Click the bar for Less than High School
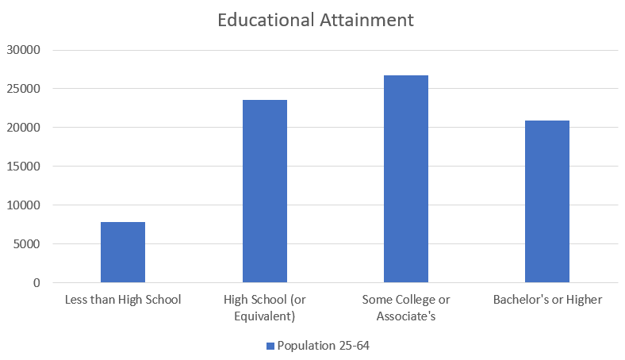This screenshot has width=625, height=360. [x=123, y=252]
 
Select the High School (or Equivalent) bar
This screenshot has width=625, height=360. [x=264, y=191]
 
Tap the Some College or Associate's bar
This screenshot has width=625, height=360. [x=405, y=179]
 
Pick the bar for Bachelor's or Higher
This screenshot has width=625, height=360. [x=546, y=201]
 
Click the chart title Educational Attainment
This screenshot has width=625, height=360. [x=316, y=20]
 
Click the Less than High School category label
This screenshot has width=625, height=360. [x=123, y=300]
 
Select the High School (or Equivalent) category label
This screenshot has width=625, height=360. [x=264, y=308]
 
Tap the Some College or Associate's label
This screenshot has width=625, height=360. [x=405, y=308]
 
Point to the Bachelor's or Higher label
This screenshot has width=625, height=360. [x=547, y=300]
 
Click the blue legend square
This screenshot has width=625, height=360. [x=270, y=346]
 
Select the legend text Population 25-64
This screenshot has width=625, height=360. [x=324, y=346]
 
